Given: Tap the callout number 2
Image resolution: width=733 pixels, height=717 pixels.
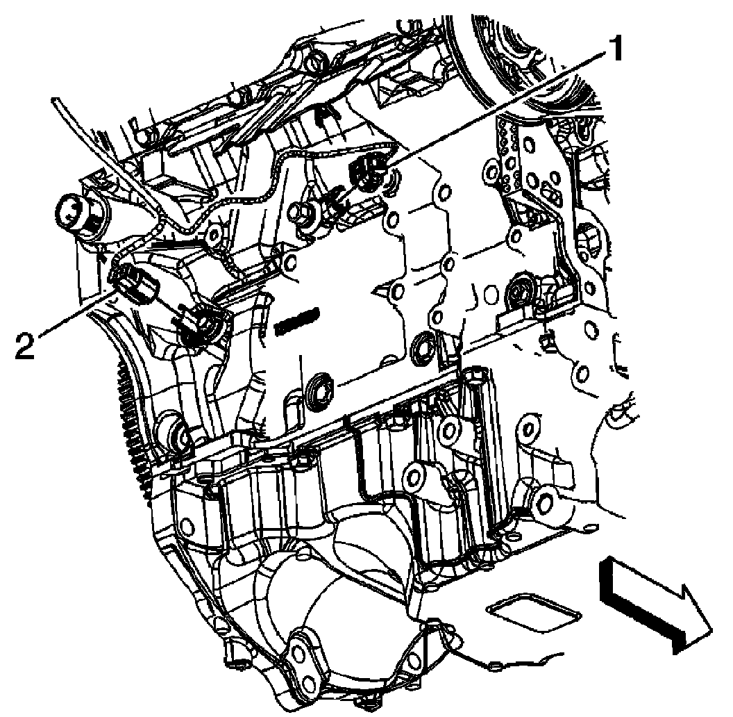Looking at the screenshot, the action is [x=26, y=345].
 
